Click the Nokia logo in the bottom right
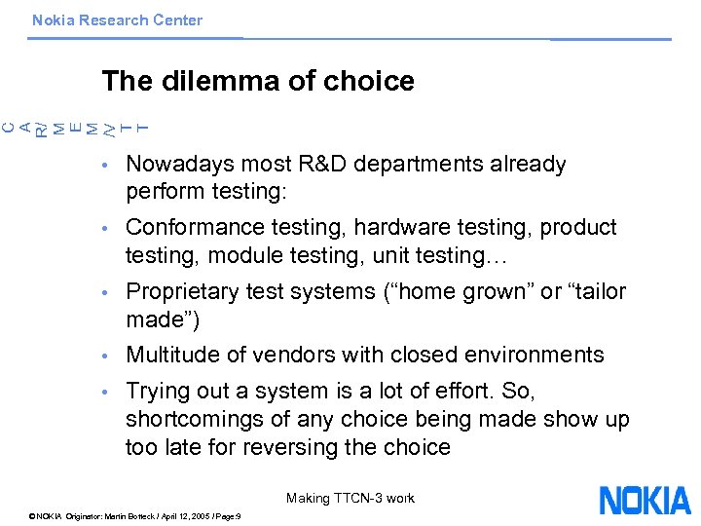645,501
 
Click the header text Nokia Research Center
117,19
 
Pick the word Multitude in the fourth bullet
169,355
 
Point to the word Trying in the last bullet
157,392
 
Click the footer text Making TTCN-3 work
350,499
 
